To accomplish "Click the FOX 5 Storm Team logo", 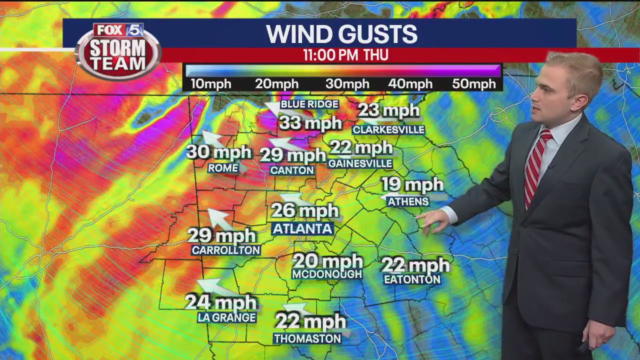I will click(x=118, y=50).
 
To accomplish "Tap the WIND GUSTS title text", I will click(x=341, y=34).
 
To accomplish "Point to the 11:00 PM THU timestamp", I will click(x=345, y=55).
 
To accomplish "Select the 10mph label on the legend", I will click(x=210, y=84).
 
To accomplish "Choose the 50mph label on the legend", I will click(x=473, y=84).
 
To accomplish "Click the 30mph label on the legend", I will click(x=347, y=84).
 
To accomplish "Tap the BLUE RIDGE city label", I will click(x=309, y=104).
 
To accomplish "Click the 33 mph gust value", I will click(x=310, y=122).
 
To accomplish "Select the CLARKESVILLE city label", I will click(x=388, y=130).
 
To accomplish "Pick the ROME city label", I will click(x=223, y=168).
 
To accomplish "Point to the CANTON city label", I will click(x=292, y=170).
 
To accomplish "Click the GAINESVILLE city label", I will click(x=360, y=163).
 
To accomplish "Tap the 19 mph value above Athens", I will click(x=412, y=185).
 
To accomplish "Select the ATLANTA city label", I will click(x=302, y=229).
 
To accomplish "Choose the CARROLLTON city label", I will click(x=226, y=250).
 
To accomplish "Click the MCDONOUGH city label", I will click(x=327, y=274).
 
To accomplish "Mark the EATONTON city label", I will click(x=412, y=280).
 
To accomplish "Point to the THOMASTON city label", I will click(x=307, y=338).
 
